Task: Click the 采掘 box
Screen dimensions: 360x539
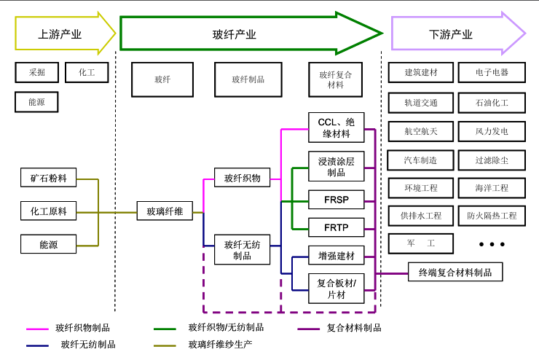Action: coord(36,73)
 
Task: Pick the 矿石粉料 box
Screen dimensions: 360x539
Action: coord(48,178)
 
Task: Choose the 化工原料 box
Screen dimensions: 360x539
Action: coord(48,211)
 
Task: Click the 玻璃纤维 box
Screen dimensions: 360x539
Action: coord(165,211)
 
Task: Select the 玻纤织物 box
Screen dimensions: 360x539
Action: coord(243,177)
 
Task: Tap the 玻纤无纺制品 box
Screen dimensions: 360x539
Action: coord(243,250)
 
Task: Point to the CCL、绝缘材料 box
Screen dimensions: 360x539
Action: coord(336,128)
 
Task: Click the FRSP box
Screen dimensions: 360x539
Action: coord(336,197)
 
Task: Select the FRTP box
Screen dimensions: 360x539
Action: coord(336,228)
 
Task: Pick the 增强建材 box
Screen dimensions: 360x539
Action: coord(336,257)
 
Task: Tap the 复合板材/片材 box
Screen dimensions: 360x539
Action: coord(336,289)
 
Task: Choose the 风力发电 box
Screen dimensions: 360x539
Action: coord(492,131)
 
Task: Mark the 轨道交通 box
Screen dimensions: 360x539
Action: coord(421,102)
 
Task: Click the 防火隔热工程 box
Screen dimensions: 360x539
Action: coord(492,216)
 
